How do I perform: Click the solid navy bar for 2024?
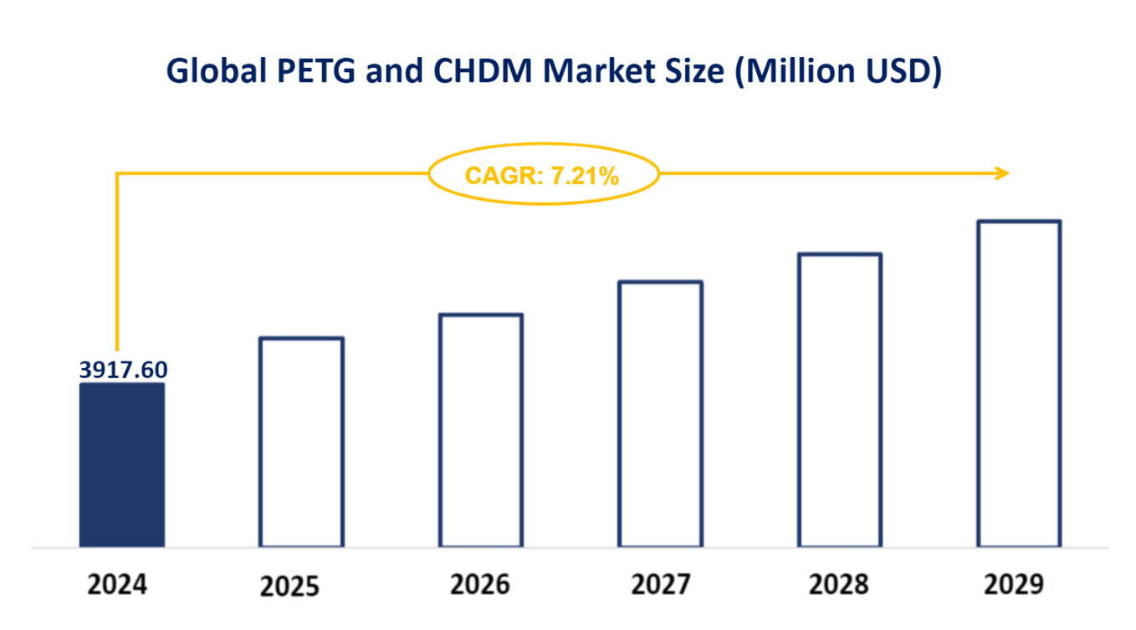122,465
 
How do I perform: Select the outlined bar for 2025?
302,443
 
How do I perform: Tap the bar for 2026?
482,431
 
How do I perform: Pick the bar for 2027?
661,415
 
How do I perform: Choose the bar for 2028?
840,401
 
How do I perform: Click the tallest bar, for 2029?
1019,385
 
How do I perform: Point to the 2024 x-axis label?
117,584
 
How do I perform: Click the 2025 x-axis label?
289,586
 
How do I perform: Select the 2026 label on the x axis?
480,584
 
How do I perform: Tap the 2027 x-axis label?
662,583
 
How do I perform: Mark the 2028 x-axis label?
840,583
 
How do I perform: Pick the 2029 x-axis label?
1015,583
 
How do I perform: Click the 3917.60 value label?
123,369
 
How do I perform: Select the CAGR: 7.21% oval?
544,175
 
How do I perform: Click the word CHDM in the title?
483,72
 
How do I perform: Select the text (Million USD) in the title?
837,72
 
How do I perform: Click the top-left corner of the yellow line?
117,174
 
